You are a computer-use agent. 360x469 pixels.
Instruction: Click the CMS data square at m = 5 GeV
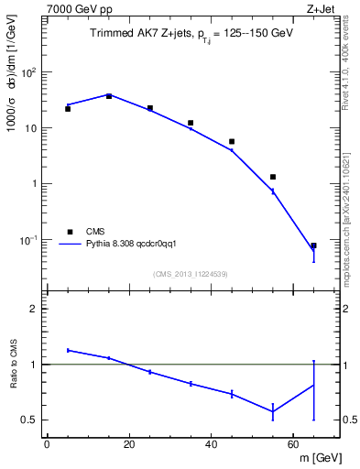pyautogui.click(x=68, y=109)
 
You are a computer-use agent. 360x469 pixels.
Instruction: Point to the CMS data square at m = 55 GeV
pyautogui.click(x=273, y=177)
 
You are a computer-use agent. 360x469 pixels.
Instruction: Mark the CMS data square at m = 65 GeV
pyautogui.click(x=313, y=245)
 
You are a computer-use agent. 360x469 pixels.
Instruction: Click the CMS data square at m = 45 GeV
pyautogui.click(x=232, y=141)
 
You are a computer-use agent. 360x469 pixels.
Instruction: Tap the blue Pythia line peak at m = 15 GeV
pyautogui.click(x=109, y=94)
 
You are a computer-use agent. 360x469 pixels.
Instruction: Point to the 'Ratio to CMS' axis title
pyautogui.click(x=14, y=365)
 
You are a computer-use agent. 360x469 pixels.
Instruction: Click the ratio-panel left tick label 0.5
pyautogui.click(x=31, y=420)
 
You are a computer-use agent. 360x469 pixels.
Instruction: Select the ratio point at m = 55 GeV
pyautogui.click(x=273, y=411)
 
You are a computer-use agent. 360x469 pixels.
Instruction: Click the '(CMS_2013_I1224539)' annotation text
pyautogui.click(x=191, y=273)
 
